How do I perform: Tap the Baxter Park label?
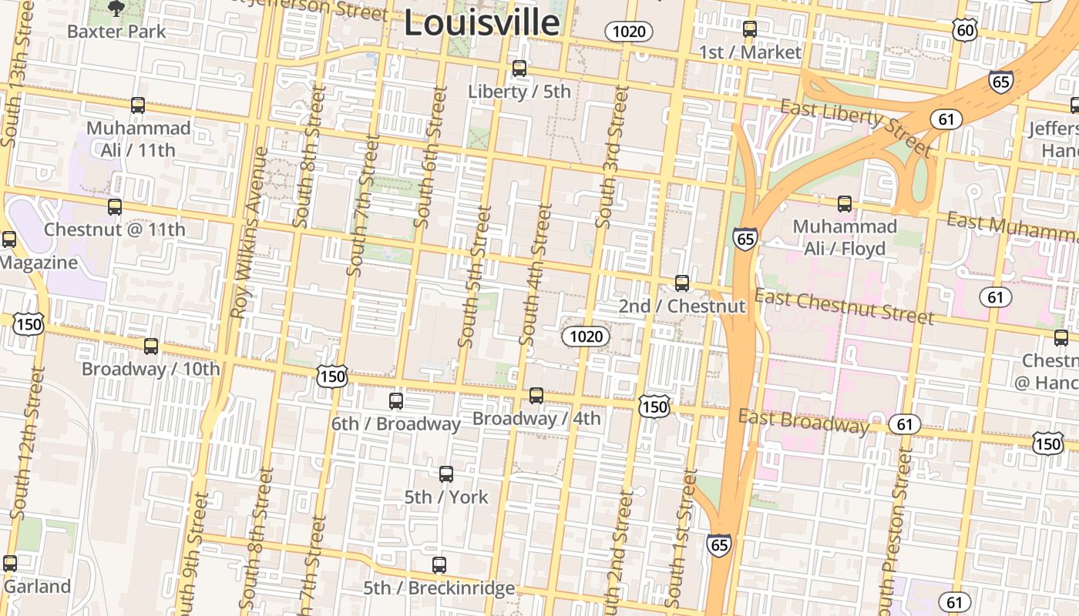(x=116, y=32)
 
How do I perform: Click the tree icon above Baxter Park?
(x=116, y=9)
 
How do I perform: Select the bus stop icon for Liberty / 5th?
(x=519, y=69)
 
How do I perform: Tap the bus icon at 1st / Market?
(x=750, y=29)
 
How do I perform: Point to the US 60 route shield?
(x=965, y=30)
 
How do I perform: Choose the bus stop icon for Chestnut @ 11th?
(x=115, y=206)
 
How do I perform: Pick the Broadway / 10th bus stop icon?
(x=151, y=346)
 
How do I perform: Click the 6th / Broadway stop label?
(x=395, y=423)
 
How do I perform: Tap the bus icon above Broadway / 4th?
(x=536, y=395)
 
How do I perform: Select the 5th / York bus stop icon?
(x=446, y=474)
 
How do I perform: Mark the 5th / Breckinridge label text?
(x=439, y=588)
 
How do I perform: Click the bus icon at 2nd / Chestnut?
(x=682, y=283)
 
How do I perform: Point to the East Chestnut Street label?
(x=844, y=306)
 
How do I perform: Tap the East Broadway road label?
(x=803, y=421)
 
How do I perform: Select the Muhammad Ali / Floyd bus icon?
(x=845, y=203)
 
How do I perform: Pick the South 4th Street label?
(x=536, y=274)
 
